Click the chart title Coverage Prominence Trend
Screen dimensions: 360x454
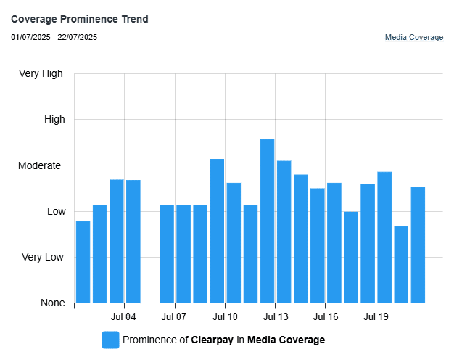point(80,19)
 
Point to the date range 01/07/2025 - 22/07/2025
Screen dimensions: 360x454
point(54,37)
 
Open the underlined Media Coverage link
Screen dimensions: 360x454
point(413,37)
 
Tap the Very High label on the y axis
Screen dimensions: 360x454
point(41,73)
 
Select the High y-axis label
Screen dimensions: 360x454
point(54,119)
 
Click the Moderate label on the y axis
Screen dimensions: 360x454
point(40,165)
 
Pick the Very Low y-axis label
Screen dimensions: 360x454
point(43,257)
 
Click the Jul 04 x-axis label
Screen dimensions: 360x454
point(124,317)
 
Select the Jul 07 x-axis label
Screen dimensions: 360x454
point(174,317)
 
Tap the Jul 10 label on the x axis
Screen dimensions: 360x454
point(225,317)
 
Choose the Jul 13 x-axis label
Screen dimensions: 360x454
point(276,317)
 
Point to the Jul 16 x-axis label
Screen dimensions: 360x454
point(326,317)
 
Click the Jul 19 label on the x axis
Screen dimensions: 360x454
point(376,317)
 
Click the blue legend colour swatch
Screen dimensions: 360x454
point(110,340)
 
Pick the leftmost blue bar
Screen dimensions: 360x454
point(83,261)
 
